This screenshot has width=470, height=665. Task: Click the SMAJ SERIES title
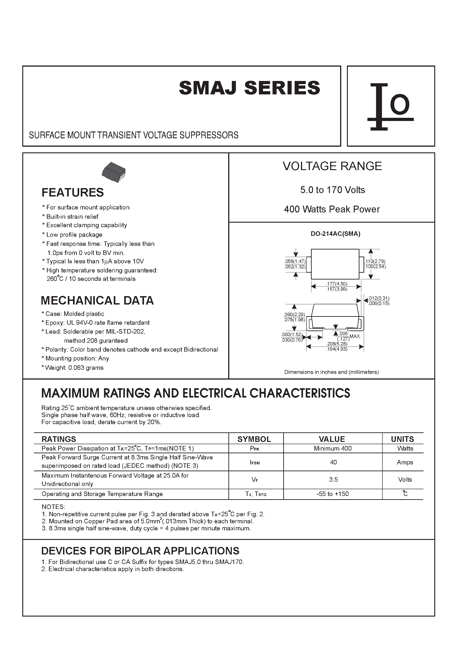(x=250, y=88)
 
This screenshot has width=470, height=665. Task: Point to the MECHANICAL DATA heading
(x=97, y=300)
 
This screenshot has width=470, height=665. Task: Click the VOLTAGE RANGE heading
(x=332, y=166)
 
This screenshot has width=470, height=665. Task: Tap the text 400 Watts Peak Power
(x=332, y=209)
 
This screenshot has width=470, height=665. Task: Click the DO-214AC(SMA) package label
(x=335, y=234)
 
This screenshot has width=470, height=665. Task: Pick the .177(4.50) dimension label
(x=336, y=284)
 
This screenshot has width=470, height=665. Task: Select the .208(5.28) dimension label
(x=336, y=344)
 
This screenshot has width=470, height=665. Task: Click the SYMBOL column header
(x=254, y=439)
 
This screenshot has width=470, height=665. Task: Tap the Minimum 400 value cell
(x=333, y=448)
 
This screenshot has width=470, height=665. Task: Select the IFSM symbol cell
(x=255, y=463)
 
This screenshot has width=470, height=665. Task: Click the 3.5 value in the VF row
(x=333, y=479)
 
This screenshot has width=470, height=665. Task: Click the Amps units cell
(x=405, y=462)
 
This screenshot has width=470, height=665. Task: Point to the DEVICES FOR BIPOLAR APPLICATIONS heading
(x=140, y=551)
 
